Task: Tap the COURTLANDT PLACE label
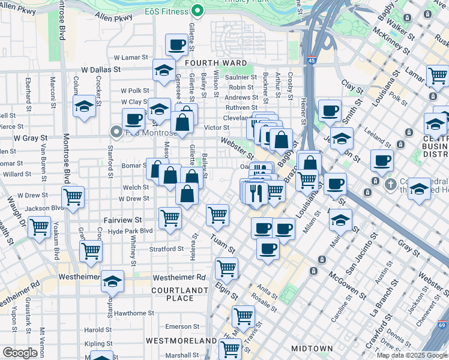(x=180, y=293)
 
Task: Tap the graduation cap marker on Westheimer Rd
(x=112, y=280)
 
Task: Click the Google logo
(x=20, y=353)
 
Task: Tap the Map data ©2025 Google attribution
(x=412, y=355)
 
